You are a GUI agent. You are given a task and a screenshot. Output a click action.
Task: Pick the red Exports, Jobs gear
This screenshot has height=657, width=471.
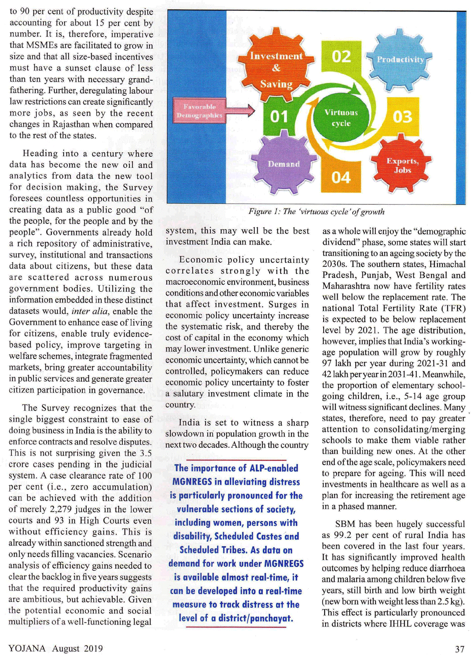point(402,165)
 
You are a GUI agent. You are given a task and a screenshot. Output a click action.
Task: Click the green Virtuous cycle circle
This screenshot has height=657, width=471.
point(341,118)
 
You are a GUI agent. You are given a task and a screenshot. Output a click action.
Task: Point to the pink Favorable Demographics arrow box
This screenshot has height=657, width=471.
point(200,111)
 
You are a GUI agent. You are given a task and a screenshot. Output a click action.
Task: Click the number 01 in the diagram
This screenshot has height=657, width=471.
point(279,116)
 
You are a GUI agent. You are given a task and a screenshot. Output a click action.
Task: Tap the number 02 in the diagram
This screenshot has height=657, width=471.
point(341,57)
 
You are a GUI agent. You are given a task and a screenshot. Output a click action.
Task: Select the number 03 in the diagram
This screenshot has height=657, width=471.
point(402,117)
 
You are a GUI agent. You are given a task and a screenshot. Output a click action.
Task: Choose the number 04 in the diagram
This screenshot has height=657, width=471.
point(341,178)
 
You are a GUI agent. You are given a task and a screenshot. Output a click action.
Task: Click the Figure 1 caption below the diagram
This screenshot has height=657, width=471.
point(316,212)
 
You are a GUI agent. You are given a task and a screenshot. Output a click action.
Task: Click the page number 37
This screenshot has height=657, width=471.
point(460,649)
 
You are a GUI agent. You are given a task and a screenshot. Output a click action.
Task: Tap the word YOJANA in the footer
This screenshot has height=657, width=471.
point(27,649)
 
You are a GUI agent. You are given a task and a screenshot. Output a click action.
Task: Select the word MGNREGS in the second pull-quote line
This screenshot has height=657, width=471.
point(192,482)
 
